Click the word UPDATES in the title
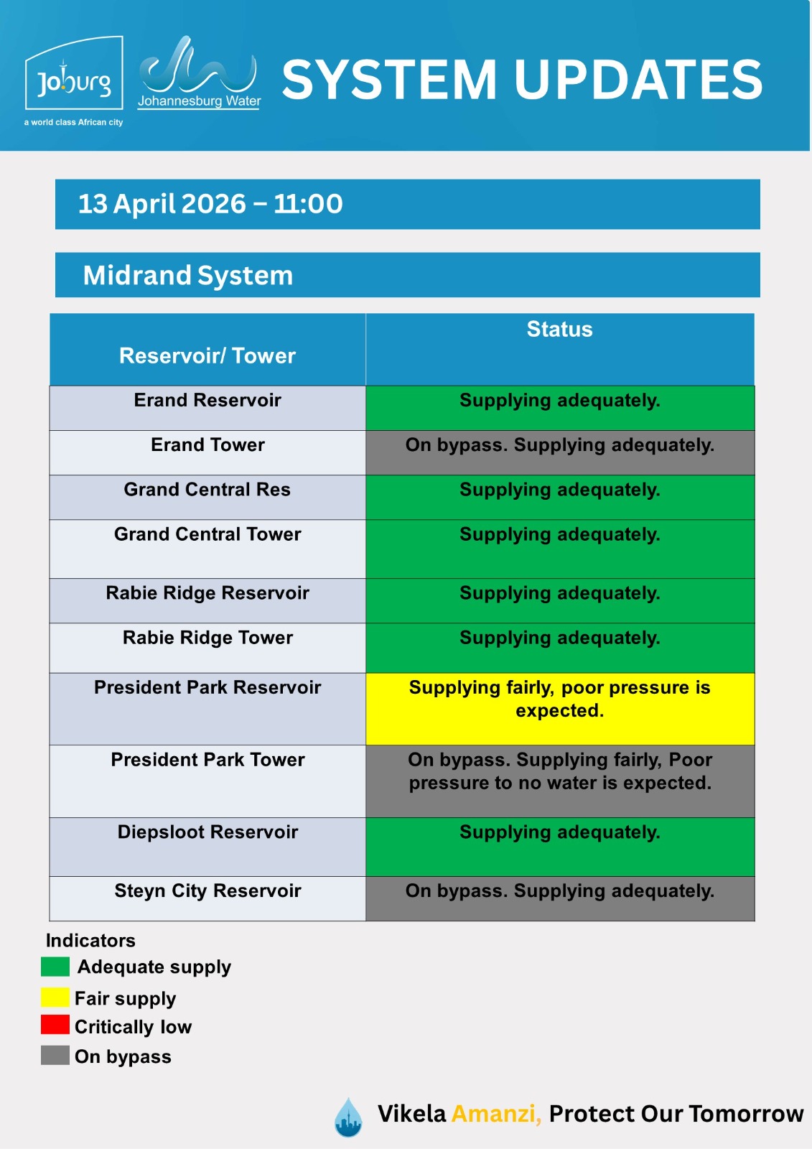pyautogui.click(x=638, y=79)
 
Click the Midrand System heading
pyautogui.click(x=188, y=275)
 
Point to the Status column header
pyautogui.click(x=559, y=330)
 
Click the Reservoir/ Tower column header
pyautogui.click(x=207, y=355)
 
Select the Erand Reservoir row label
pyautogui.click(x=207, y=401)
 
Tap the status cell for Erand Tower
pyautogui.click(x=559, y=452)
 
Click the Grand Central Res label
pyautogui.click(x=207, y=490)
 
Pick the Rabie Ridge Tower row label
pyautogui.click(x=207, y=638)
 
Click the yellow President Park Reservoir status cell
pyautogui.click(x=559, y=707)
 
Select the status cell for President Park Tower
pyautogui.click(x=559, y=780)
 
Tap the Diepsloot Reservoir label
pyautogui.click(x=207, y=832)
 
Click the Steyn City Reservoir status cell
pyautogui.click(x=559, y=898)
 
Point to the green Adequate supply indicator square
pyautogui.click(x=55, y=967)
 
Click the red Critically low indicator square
pyautogui.click(x=55, y=1025)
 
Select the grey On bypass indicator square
pyautogui.click(x=55, y=1055)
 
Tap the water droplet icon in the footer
pyautogui.click(x=348, y=1117)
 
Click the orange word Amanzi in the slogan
pyautogui.click(x=496, y=1114)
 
